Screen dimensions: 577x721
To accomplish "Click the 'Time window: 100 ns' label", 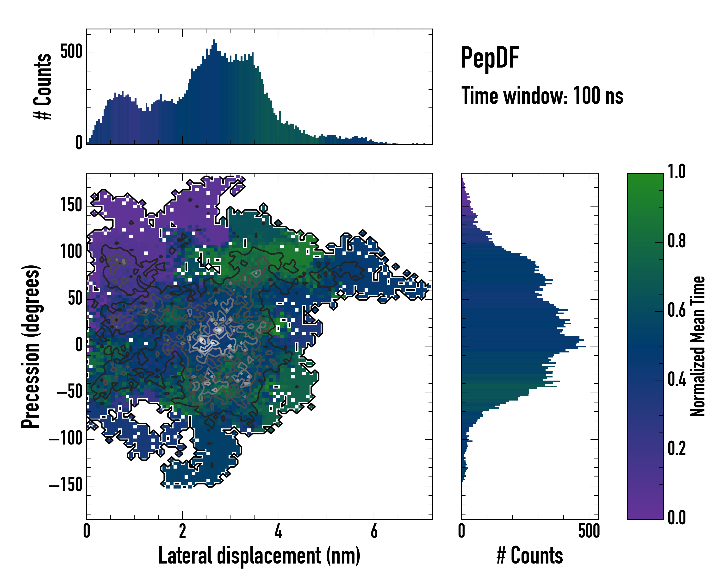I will pyautogui.click(x=542, y=96).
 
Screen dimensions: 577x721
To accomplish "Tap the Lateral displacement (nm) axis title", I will pyautogui.click(x=259, y=555).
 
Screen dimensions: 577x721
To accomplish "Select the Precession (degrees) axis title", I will pyautogui.click(x=31, y=346).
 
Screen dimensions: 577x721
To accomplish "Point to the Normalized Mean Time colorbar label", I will pyautogui.click(x=698, y=346).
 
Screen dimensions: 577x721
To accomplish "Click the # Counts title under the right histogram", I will pyautogui.click(x=529, y=555).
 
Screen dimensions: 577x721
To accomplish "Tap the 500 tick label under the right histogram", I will pyautogui.click(x=589, y=531).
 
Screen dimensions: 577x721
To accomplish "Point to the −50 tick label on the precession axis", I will pyautogui.click(x=69, y=392).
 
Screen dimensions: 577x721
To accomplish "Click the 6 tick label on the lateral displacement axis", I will pyautogui.click(x=374, y=531).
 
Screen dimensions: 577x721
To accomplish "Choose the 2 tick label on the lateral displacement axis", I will pyautogui.click(x=182, y=531).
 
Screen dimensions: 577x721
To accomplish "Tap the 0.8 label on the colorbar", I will pyautogui.click(x=677, y=241).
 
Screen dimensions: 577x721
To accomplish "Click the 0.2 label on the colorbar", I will pyautogui.click(x=677, y=448).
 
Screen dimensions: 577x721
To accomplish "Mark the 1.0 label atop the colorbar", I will pyautogui.click(x=677, y=172).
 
